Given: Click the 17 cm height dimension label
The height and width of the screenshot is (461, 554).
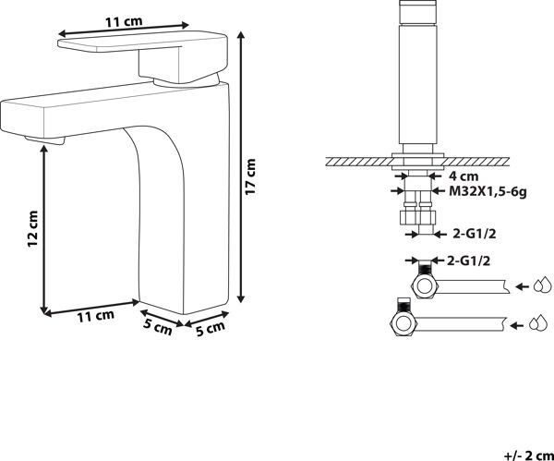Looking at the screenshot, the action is tap(250, 176).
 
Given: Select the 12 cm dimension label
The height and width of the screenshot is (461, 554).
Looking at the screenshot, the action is tap(32, 228).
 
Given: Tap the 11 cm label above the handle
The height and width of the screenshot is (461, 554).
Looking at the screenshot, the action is tap(124, 21).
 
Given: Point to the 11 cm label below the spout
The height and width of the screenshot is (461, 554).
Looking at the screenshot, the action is tap(96, 316).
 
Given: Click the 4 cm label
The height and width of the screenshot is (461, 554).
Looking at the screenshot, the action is tap(464, 176).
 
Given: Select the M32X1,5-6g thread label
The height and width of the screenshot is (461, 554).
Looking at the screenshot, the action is tap(488, 192).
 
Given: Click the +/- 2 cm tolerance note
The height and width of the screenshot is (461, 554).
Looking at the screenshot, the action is tap(528, 455).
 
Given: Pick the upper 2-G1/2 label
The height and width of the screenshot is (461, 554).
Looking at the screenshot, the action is tap(475, 234).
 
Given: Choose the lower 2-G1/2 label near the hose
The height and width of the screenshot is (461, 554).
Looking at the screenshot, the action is tap(468, 261).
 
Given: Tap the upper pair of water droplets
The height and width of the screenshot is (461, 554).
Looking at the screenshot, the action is tap(542, 285).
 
